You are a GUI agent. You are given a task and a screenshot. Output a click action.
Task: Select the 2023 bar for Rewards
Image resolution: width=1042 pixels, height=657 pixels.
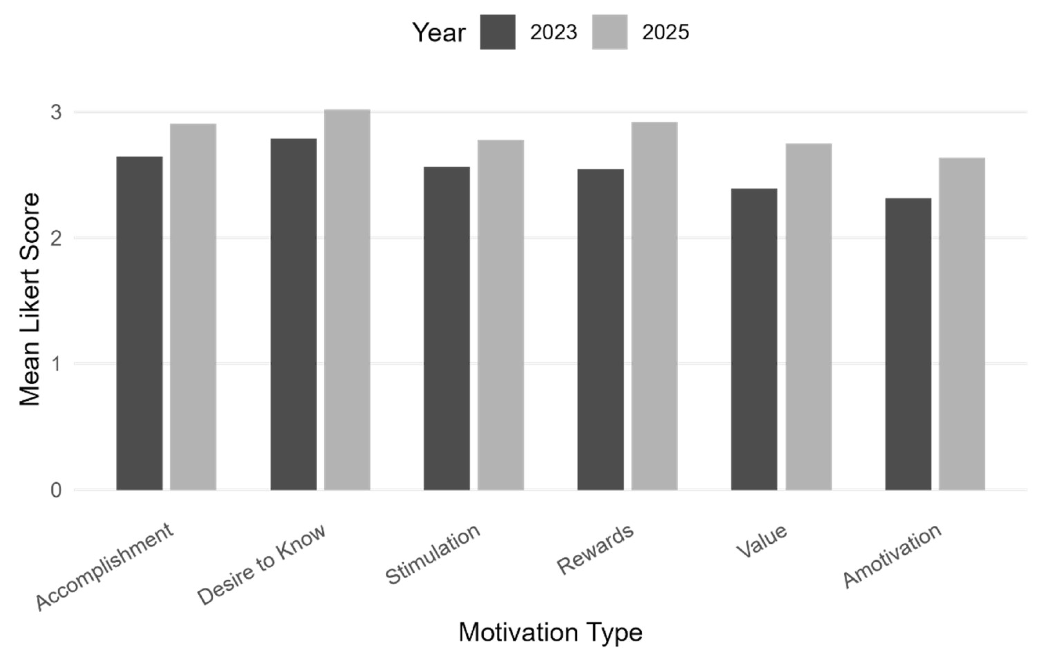point(601,329)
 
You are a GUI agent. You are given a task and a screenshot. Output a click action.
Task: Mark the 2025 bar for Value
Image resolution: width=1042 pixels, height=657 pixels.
point(808,316)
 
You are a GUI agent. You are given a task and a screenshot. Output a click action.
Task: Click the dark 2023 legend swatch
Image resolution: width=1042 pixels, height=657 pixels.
point(498,32)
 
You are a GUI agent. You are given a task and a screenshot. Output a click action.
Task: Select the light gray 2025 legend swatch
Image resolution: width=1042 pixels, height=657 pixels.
point(610,32)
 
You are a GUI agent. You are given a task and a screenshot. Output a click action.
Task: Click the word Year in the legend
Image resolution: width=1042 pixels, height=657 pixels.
point(439,33)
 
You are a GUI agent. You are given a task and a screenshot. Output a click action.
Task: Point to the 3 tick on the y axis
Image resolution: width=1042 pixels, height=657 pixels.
point(56,113)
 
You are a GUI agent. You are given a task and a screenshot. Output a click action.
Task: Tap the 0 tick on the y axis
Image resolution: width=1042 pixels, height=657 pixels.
point(56,491)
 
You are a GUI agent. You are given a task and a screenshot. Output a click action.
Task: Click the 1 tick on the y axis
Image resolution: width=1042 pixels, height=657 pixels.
point(56,364)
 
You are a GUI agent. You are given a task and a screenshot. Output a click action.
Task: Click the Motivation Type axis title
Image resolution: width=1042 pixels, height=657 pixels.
point(550,633)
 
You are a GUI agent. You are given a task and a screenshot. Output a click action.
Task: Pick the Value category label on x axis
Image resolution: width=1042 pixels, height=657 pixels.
point(762,541)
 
